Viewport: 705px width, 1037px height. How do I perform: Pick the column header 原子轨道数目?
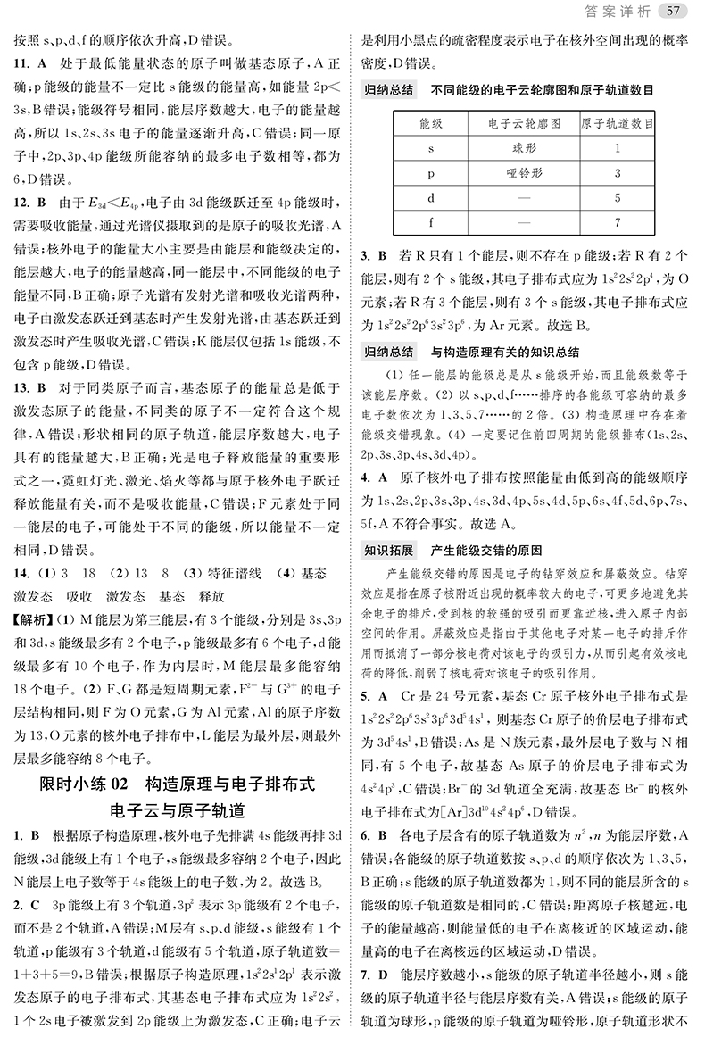(x=617, y=122)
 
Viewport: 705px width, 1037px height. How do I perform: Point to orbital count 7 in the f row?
(x=617, y=222)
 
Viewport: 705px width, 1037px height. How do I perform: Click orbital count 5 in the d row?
(x=617, y=197)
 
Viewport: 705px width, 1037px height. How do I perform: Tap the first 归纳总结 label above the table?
(x=389, y=90)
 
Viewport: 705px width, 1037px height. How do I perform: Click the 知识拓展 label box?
(x=389, y=550)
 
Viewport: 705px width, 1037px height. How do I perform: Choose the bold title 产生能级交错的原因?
(x=486, y=550)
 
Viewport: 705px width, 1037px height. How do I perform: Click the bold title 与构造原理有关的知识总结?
(x=505, y=352)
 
